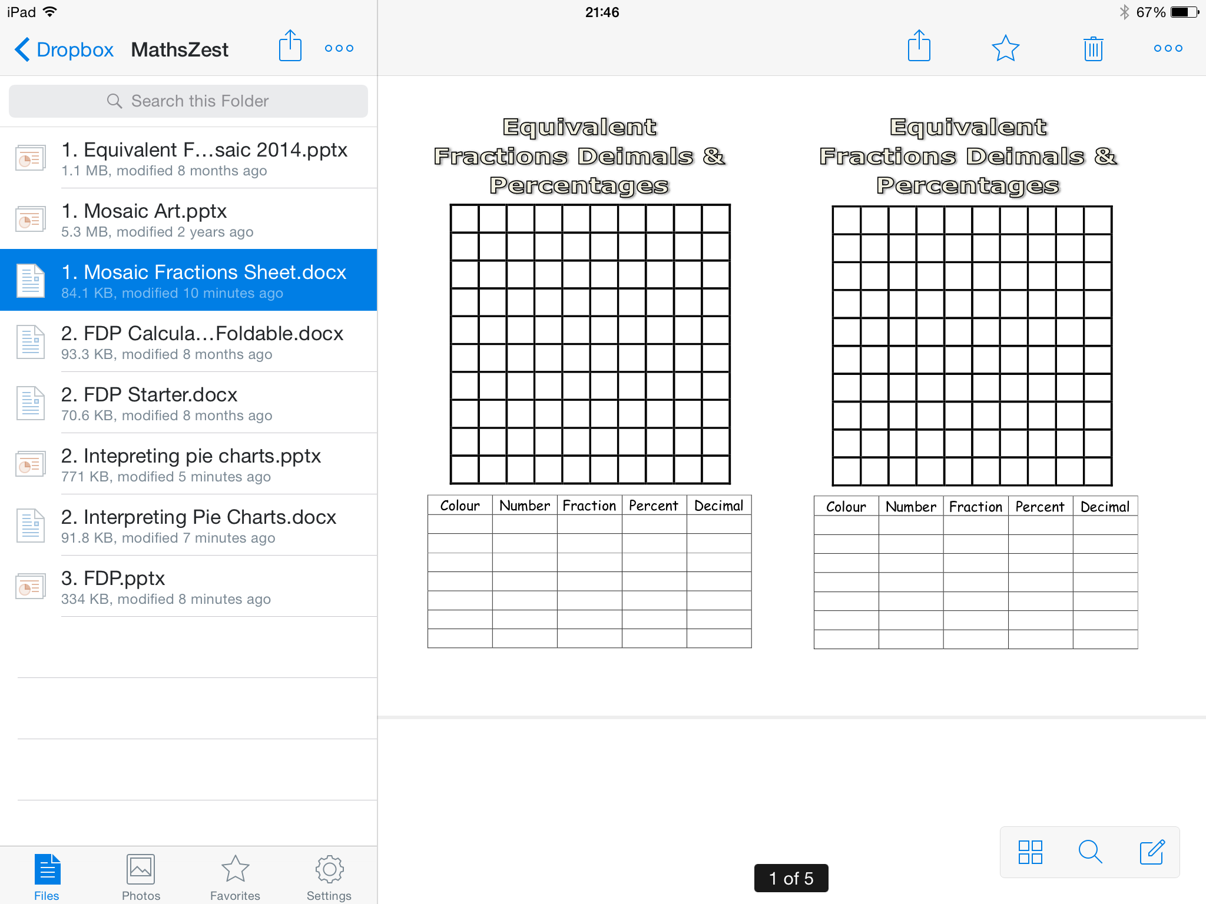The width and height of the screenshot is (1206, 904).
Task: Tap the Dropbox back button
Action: [64, 49]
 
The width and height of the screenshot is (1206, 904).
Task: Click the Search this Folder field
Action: [188, 101]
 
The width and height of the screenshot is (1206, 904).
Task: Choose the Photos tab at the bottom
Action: [141, 877]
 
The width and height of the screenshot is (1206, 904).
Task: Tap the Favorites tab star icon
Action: [235, 869]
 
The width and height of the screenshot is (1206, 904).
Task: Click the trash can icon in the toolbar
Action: [1093, 48]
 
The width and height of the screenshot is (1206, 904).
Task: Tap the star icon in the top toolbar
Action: [1005, 48]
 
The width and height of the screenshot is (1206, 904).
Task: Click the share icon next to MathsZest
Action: [290, 45]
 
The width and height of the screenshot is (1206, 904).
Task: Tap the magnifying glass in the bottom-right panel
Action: [1090, 852]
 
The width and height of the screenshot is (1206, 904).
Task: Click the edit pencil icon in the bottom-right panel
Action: [1152, 852]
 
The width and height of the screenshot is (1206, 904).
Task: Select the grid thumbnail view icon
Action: [1030, 852]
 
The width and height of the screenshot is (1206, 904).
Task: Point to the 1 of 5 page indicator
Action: [791, 878]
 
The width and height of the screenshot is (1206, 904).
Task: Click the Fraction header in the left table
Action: [589, 506]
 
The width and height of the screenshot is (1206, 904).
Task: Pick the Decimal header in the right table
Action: [1105, 507]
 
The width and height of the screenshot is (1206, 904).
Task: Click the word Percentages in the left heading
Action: [579, 185]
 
